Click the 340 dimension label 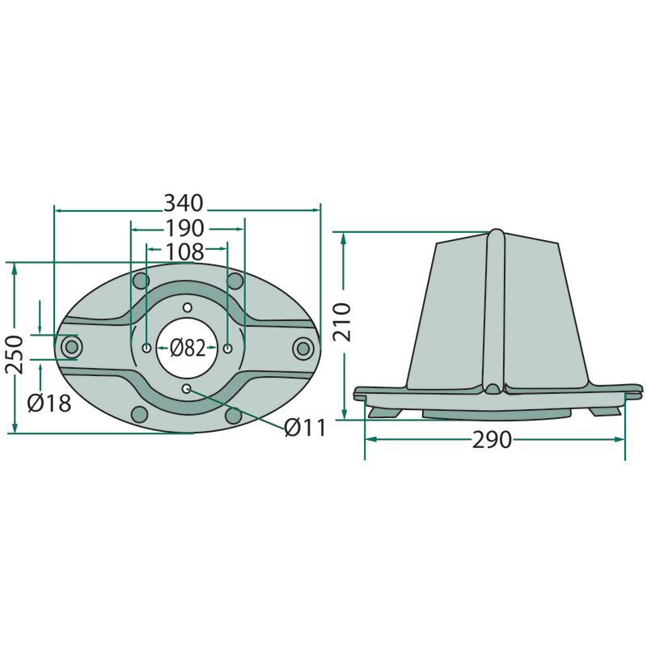(184, 203)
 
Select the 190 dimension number (184, 228)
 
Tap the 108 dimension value (184, 251)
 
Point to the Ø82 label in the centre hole (188, 348)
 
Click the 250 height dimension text (15, 355)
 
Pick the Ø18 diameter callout (49, 403)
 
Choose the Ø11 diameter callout (306, 428)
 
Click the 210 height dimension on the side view (342, 322)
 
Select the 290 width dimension (492, 440)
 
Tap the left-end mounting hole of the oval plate (72, 348)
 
